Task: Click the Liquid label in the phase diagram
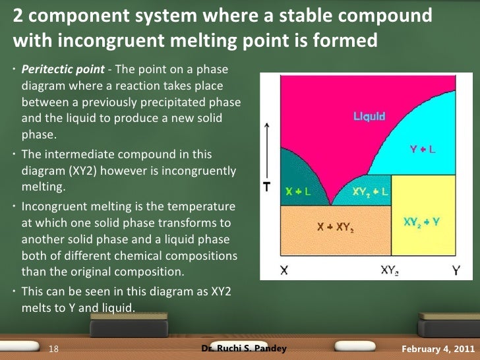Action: (369, 118)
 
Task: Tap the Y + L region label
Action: (422, 150)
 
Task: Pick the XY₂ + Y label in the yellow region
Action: (421, 222)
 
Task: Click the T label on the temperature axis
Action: (267, 187)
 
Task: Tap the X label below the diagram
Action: (284, 270)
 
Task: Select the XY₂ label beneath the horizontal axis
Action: (392, 270)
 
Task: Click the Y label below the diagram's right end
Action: (456, 270)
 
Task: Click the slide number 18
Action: (55, 349)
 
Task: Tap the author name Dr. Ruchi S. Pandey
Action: (244, 348)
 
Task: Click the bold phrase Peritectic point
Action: (55, 69)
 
